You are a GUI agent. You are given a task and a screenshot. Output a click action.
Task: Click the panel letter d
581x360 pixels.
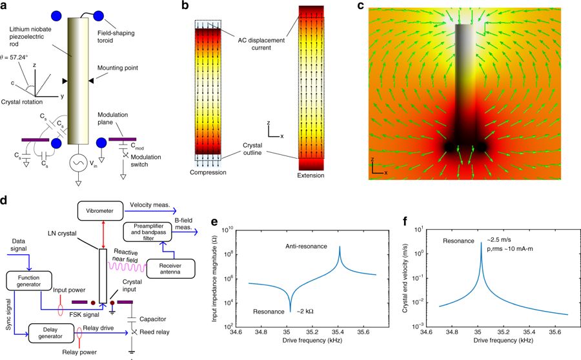[x=5, y=201]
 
